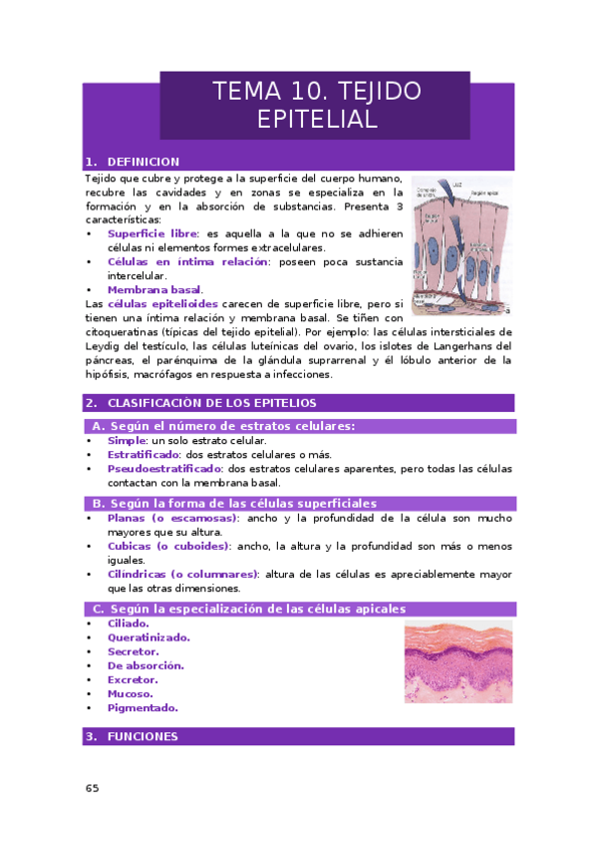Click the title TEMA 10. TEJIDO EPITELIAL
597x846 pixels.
pos(315,105)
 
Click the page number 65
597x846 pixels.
pos(92,789)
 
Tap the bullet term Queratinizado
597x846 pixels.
pos(149,637)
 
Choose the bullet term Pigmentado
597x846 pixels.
pos(143,707)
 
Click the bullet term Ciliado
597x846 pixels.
pos(129,624)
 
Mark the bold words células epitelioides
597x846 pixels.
pos(157,303)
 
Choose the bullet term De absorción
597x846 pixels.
pos(146,665)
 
